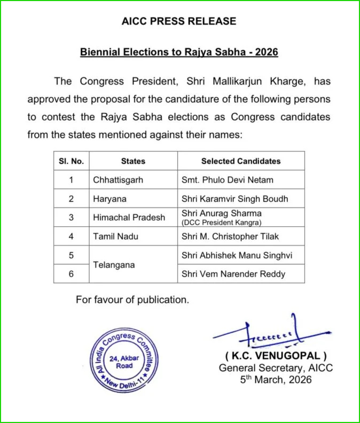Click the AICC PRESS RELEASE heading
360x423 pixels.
[x=179, y=22]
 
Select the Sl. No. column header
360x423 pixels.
[x=71, y=161]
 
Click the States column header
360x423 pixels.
[x=133, y=161]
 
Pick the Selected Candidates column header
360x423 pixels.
[x=240, y=161]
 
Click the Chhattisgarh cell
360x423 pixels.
[x=118, y=180]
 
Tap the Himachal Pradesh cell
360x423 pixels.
[x=129, y=217]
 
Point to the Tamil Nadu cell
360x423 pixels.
[x=113, y=237]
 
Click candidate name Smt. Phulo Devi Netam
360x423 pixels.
[x=227, y=180]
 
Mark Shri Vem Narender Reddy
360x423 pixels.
[x=233, y=274]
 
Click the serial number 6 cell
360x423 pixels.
[x=71, y=274]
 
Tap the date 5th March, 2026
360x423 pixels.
[x=276, y=380]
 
